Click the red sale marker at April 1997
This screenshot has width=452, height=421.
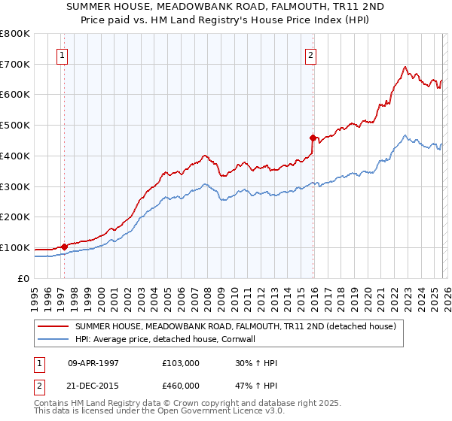64,246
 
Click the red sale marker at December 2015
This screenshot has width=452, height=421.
313,137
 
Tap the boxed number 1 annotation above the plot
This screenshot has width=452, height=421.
61,54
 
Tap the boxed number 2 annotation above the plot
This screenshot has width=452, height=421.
310,54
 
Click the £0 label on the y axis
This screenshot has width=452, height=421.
23,278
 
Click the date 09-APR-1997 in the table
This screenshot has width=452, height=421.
93,363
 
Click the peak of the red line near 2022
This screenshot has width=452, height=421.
405,66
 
